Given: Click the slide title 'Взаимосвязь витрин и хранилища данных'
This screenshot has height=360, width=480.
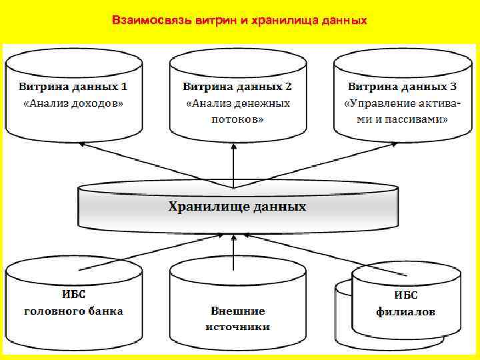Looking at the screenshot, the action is point(239,21).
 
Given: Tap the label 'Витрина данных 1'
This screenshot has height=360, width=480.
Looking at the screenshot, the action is point(73,87).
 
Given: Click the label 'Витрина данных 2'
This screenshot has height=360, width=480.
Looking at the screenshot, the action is point(237,87).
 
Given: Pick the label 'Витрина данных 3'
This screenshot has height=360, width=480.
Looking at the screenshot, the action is point(402,87).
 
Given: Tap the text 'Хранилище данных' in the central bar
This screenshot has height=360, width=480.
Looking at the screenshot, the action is point(237,207).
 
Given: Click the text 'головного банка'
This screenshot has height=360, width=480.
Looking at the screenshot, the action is point(74,311).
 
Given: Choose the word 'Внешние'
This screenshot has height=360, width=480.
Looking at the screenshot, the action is point(237,311).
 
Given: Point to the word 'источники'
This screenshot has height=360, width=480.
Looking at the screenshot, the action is point(237,327).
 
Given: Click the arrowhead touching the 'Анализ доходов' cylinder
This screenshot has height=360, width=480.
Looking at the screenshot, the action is point(81,144).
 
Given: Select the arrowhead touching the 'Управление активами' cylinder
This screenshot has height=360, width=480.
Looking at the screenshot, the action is point(387,145).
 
